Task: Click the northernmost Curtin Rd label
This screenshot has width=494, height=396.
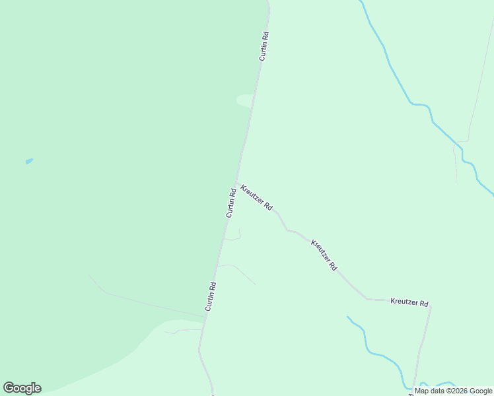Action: tap(264, 46)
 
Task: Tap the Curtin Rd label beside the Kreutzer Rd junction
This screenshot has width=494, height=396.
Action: tap(231, 203)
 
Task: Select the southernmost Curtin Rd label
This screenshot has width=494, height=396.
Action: tap(211, 297)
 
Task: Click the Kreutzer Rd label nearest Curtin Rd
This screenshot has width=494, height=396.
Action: tap(256, 197)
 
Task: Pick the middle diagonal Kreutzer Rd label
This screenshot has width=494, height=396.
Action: tap(324, 255)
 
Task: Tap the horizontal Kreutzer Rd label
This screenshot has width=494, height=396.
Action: tap(409, 303)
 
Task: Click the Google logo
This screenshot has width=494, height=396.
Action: tap(22, 388)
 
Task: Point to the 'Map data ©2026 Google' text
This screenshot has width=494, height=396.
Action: tap(453, 391)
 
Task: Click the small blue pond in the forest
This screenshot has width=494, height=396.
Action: tap(28, 161)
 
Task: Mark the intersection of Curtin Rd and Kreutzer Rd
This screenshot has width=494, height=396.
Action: tap(237, 183)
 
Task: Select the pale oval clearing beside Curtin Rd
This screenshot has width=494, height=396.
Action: tap(244, 100)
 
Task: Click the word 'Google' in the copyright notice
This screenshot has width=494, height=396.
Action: tap(481, 391)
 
